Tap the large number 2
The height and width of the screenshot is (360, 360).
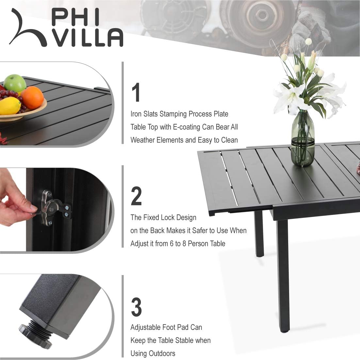tap(137, 196)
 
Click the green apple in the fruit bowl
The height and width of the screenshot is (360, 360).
tap(15, 83)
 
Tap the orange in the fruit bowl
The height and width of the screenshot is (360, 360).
tap(32, 97)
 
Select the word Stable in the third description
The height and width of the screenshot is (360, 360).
tap(184, 340)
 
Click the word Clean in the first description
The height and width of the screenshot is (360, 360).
tap(229, 140)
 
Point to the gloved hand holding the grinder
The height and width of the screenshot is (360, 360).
tap(305, 28)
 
